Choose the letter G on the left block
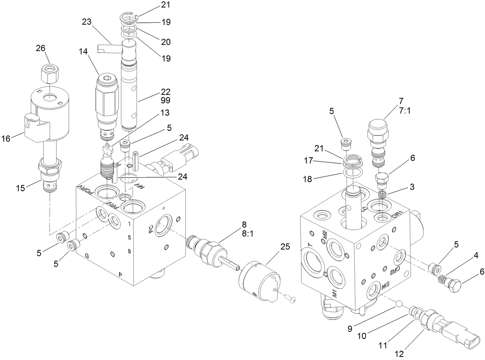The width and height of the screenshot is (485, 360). coord(87,256)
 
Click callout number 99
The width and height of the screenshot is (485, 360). coord(166,100)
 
